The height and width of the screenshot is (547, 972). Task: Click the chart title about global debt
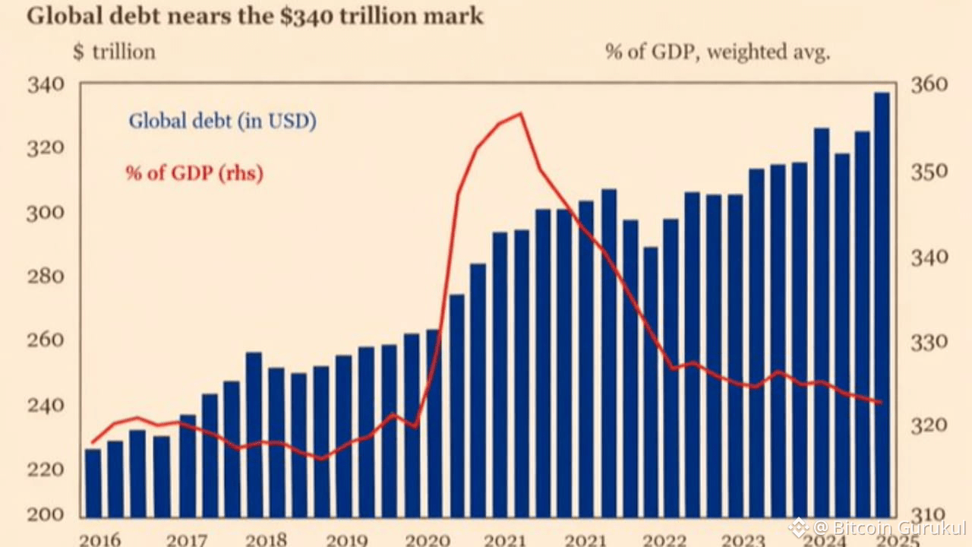pos(254,16)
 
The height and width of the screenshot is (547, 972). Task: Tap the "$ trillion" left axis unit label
pos(114,52)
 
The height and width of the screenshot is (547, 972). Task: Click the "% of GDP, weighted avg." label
pos(718,52)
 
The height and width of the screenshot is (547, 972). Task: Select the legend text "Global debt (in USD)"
pos(222,120)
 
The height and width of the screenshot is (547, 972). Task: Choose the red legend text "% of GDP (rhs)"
pos(194,172)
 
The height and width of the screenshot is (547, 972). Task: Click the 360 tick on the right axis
pos(929,84)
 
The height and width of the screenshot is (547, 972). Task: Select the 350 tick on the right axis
pos(929,170)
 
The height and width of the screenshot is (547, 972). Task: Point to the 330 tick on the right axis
pos(929,341)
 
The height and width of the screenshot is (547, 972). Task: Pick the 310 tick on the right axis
pos(929,514)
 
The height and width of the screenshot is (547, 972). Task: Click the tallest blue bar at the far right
pos(882,304)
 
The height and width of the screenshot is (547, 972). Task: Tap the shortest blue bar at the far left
pos(93,482)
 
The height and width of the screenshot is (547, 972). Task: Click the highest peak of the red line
pos(520,114)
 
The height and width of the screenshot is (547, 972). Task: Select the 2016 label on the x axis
pos(100,539)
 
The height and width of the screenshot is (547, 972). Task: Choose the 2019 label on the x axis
pos(346,539)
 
